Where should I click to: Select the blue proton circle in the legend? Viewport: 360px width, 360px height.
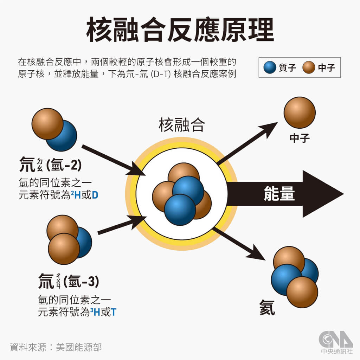click(270, 67)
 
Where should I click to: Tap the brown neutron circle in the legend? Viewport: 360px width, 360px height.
click(309, 67)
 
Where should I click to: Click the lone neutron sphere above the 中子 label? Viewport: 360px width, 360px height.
click(300, 112)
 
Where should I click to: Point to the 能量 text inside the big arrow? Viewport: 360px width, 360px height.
click(279, 194)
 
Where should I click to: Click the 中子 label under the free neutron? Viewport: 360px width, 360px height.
click(300, 138)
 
